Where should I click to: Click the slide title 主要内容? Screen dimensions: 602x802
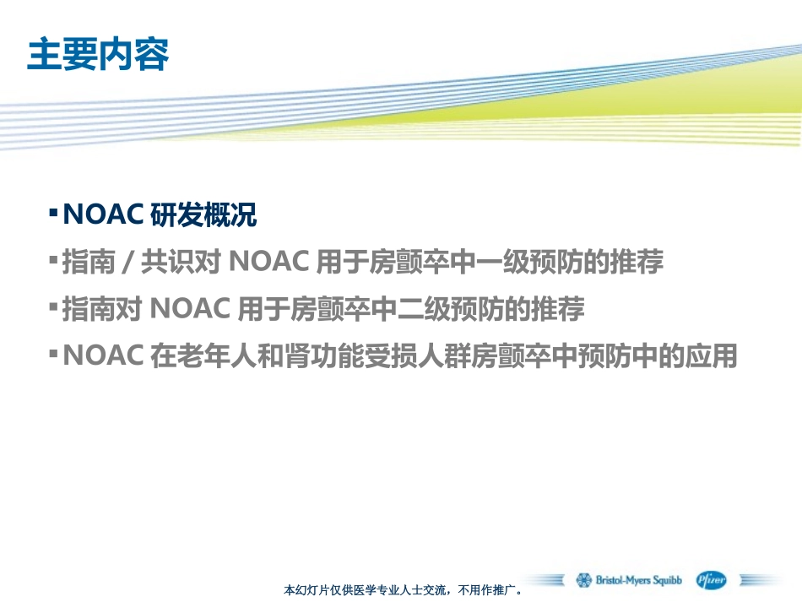pyautogui.click(x=98, y=55)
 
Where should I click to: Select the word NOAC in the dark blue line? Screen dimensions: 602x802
pyautogui.click(x=102, y=215)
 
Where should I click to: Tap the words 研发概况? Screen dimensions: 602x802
pyautogui.click(x=203, y=215)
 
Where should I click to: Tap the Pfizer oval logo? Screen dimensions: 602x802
pyautogui.click(x=711, y=580)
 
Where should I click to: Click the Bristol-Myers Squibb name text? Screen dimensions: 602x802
pyautogui.click(x=639, y=581)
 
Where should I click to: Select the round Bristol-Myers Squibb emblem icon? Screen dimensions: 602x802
pyautogui.click(x=584, y=580)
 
